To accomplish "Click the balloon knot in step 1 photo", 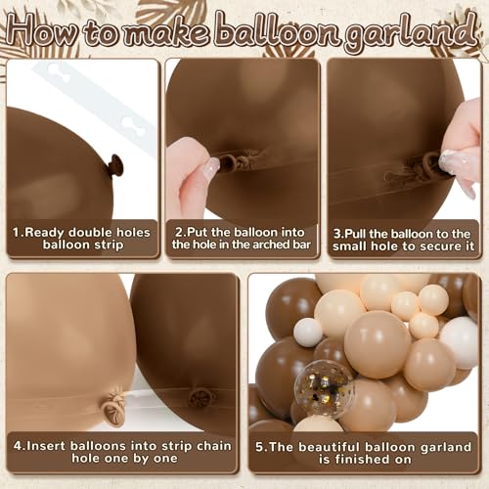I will tap(115, 165).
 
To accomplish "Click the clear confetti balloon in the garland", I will tap(324, 388).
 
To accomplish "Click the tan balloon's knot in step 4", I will tap(114, 404).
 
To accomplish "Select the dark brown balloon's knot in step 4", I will tap(202, 397).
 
